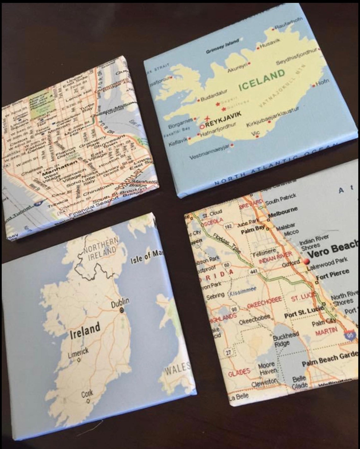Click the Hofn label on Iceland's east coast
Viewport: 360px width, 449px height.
tap(322, 83)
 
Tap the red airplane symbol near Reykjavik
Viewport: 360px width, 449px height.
tap(207, 118)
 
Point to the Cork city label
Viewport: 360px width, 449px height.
tap(87, 393)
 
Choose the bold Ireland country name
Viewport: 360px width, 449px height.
tap(85, 329)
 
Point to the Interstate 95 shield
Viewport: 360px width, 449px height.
tap(350, 335)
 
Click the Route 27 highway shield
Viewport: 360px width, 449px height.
tap(228, 352)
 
